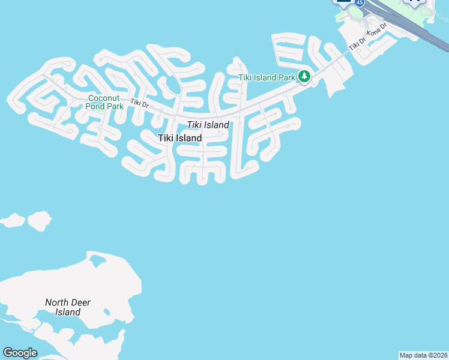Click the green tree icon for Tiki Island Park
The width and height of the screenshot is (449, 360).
click(x=305, y=77)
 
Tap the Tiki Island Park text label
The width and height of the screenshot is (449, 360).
click(x=267, y=77)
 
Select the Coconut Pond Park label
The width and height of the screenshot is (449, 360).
click(x=106, y=102)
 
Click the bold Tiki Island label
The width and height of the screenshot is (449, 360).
click(x=179, y=138)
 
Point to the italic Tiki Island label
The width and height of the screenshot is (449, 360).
click(x=208, y=125)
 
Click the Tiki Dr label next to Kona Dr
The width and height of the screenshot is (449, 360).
click(x=357, y=44)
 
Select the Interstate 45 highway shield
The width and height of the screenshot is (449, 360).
click(x=359, y=2)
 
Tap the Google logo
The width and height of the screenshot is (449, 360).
click(x=20, y=353)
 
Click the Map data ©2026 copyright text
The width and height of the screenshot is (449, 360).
click(x=423, y=355)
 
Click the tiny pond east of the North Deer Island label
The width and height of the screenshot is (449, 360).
click(x=106, y=312)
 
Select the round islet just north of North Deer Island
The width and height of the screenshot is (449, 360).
click(x=40, y=220)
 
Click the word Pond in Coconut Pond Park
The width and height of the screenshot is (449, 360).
click(x=96, y=106)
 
